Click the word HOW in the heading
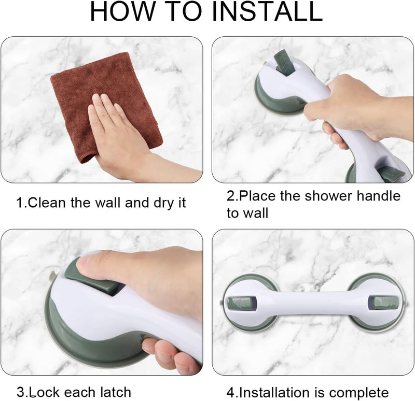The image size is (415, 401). (122, 11)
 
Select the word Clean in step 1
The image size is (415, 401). (46, 203)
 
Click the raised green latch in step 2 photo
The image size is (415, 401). (284, 62)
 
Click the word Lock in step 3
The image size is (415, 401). (44, 392)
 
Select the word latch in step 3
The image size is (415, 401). (116, 392)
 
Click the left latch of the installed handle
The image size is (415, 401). (242, 303)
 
